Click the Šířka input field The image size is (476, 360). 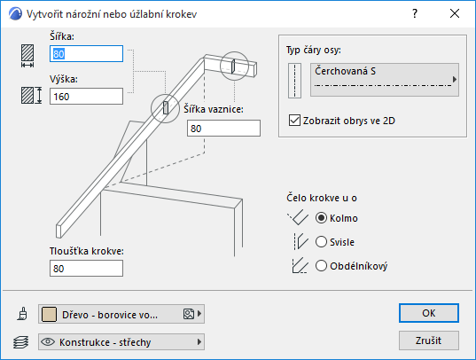point(86,54)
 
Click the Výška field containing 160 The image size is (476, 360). point(86,97)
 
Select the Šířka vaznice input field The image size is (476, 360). point(223,129)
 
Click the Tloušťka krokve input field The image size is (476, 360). point(86,269)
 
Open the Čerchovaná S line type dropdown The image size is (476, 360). point(385,80)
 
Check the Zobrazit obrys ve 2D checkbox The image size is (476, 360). point(294,121)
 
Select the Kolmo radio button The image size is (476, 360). point(321,218)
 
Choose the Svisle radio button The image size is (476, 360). point(321,242)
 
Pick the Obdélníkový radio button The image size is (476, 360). point(321,266)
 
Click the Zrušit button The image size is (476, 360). point(429,340)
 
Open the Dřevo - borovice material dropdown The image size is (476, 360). point(121,314)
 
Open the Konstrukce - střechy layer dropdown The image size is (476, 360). point(121,341)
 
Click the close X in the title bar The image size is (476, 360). point(455,13)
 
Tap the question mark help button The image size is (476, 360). point(415,13)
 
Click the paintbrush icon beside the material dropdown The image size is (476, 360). point(22,314)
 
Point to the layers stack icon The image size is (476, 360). point(21,342)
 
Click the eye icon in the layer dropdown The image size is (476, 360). point(48,341)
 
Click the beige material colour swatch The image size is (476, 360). point(49,314)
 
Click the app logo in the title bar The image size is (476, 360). point(15,13)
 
